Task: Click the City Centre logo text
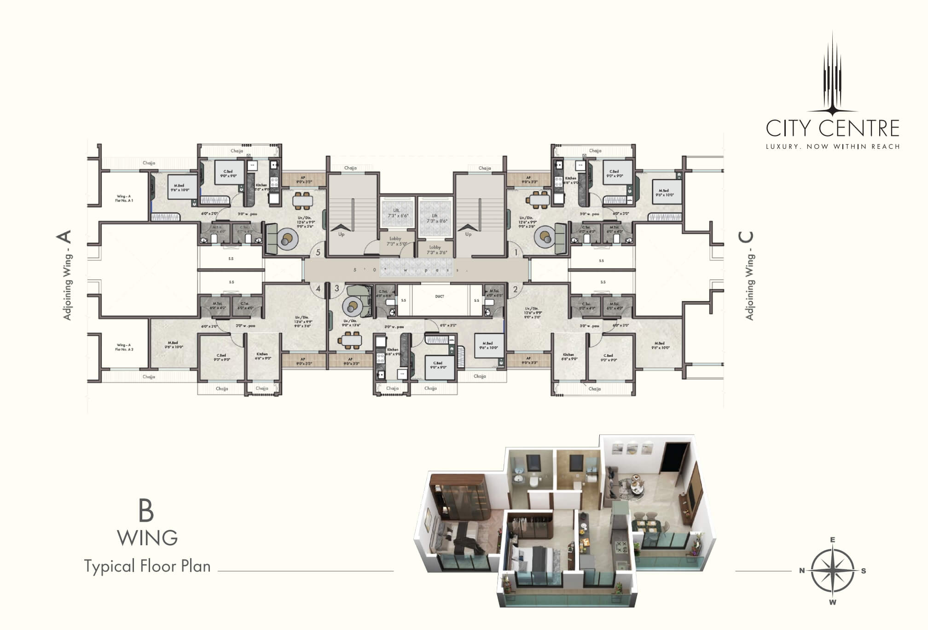coord(832,128)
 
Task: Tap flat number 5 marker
coord(318,252)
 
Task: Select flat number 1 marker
coord(516,252)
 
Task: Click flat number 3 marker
coord(336,289)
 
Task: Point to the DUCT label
coord(439,297)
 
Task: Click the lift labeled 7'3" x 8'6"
coord(435,218)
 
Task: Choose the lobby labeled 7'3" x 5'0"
coord(395,241)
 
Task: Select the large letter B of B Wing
coord(146,511)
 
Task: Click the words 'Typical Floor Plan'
coord(147,566)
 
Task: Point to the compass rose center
coord(832,571)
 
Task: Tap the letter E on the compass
coord(832,540)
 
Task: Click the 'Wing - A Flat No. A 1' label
coord(124,198)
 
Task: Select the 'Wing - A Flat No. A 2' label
coord(124,347)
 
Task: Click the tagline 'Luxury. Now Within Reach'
coord(832,146)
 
